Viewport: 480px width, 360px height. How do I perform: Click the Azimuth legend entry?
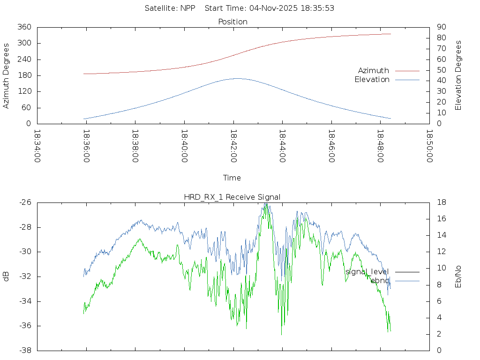point(374,70)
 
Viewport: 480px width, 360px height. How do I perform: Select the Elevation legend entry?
point(372,80)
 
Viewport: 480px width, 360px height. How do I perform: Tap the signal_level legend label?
point(367,271)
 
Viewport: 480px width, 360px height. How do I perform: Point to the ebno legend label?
point(380,281)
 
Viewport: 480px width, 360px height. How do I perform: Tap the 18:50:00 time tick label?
point(429,146)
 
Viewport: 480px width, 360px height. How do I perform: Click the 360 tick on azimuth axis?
point(24,27)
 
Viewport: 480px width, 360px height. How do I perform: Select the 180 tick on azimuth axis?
point(24,75)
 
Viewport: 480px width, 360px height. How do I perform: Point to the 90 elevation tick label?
point(441,27)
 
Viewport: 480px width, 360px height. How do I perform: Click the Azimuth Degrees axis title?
point(7,75)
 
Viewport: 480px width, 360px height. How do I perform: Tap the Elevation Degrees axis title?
point(458,75)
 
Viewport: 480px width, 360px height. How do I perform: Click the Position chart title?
point(232,22)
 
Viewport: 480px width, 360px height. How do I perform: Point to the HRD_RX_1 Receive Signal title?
point(232,197)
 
